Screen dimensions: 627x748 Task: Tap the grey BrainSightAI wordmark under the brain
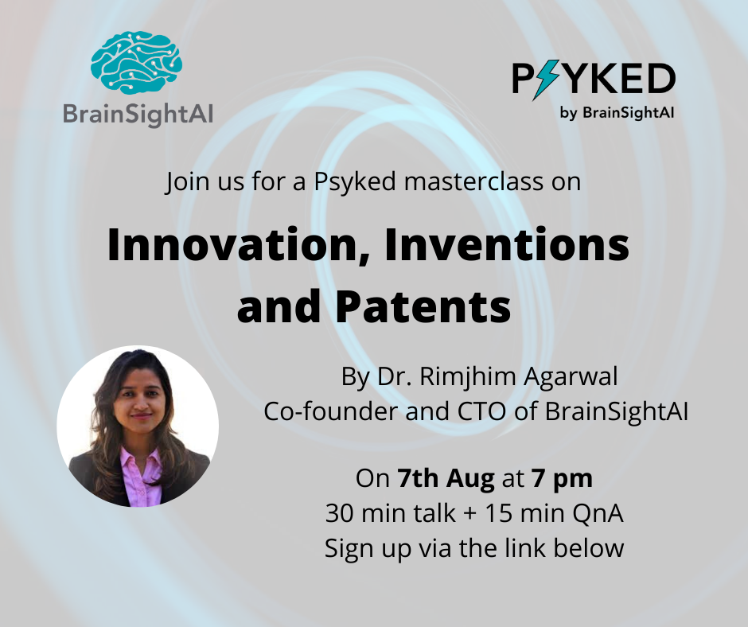(x=138, y=114)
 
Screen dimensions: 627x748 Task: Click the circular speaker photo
(x=138, y=426)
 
